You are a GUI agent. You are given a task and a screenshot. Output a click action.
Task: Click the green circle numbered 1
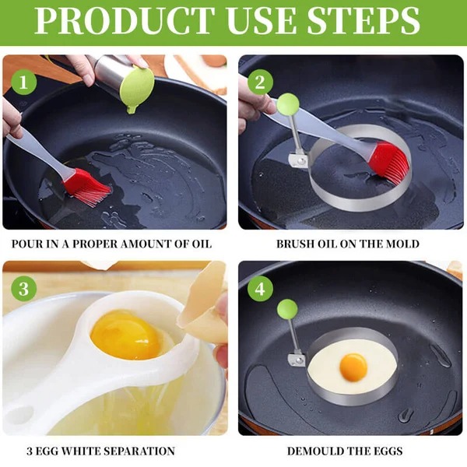23,81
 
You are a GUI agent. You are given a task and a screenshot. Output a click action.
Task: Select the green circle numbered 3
23,289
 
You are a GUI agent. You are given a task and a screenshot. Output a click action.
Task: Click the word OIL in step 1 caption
199,244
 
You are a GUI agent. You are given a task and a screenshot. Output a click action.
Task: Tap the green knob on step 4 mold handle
286,309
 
